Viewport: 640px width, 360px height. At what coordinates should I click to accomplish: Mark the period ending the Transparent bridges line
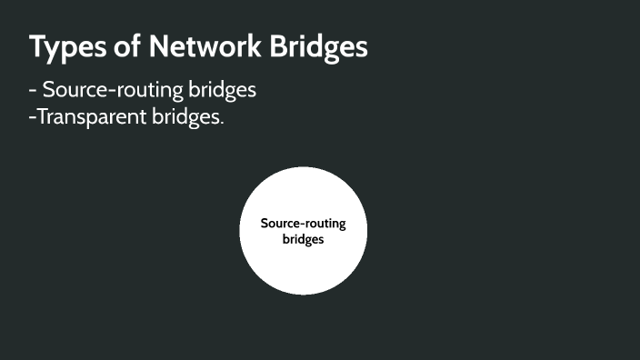[221, 124]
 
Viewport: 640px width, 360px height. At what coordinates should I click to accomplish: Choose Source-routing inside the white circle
[303, 223]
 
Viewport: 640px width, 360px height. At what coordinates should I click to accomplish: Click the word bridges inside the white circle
[303, 240]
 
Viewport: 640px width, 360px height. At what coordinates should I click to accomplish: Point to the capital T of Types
[37, 47]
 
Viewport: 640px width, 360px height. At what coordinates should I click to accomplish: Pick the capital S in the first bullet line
[49, 91]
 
